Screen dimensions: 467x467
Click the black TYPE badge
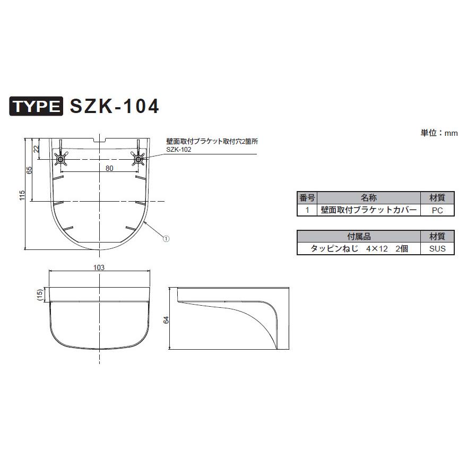click(37, 107)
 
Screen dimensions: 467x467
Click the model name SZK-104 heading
click(114, 106)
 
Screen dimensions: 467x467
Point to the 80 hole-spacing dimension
click(109, 168)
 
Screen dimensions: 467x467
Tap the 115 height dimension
click(22, 195)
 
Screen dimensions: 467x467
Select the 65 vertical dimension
click(30, 170)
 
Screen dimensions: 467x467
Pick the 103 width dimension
click(98, 267)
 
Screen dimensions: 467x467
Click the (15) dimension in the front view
click(39, 295)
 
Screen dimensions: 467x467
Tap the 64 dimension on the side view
click(166, 319)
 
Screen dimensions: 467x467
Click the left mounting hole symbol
click(61, 159)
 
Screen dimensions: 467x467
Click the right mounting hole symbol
click(139, 159)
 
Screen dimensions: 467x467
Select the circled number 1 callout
click(166, 239)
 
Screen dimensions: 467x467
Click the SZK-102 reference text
click(178, 150)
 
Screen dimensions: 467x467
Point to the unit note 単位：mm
click(439, 133)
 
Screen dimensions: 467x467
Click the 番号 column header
click(307, 197)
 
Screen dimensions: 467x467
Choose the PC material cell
click(437, 210)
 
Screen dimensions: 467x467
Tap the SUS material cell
click(437, 248)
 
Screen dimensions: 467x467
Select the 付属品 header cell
click(359, 236)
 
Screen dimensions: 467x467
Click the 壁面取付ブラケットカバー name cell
click(369, 210)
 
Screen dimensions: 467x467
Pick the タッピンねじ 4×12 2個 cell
click(359, 248)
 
